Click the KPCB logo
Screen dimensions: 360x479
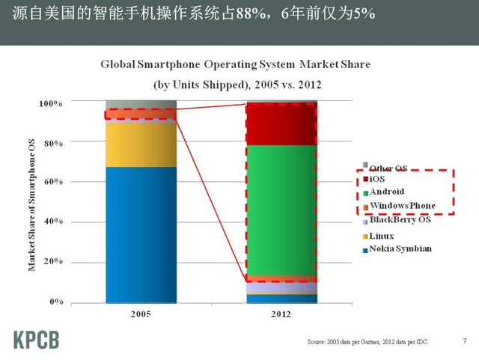(36, 339)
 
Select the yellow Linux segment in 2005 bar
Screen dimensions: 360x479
(141, 144)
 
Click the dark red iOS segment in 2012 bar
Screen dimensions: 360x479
(281, 124)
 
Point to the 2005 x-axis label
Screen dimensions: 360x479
(141, 314)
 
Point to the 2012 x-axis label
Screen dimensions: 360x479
(281, 314)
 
